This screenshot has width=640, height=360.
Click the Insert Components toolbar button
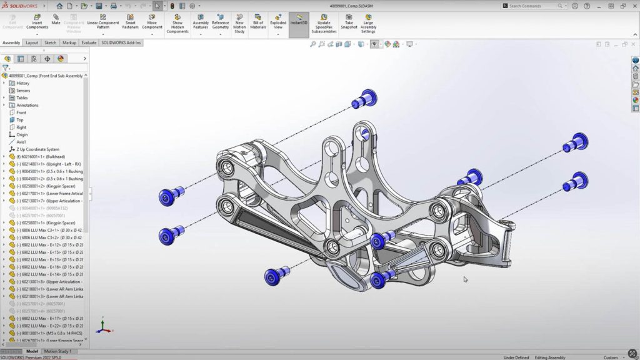[x=37, y=22]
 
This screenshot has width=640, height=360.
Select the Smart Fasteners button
[x=130, y=22]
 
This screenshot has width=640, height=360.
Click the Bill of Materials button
[x=258, y=22]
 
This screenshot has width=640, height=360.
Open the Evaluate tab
[x=89, y=43]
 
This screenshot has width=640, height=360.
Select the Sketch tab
[x=50, y=43]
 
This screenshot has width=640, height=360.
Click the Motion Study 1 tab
[x=57, y=351]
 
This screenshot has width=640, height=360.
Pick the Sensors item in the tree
[x=22, y=91]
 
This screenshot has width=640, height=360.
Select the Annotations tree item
[x=27, y=105]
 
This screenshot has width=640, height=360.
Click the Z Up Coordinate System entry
[x=37, y=149]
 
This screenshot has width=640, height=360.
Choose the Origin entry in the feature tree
[x=22, y=134]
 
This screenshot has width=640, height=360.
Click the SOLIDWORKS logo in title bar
[x=20, y=6]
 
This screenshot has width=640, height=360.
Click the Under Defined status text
[x=517, y=357]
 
